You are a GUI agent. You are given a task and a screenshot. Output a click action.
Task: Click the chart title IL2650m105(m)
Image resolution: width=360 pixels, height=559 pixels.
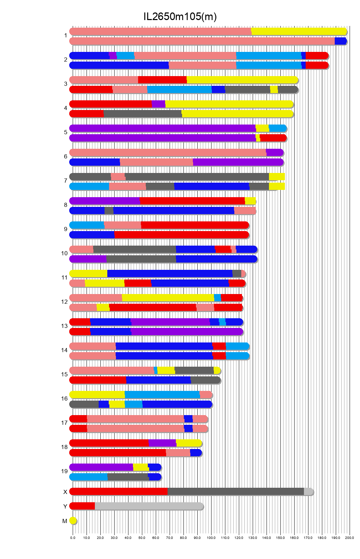tap(180, 16)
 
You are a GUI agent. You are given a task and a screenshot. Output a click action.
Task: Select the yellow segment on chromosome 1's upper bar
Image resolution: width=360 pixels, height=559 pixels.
tap(298, 31)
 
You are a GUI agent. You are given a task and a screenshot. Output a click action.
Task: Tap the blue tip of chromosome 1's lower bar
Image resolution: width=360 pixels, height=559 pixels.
tap(341, 41)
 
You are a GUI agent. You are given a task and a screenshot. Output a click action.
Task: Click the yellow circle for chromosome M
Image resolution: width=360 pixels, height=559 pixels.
tap(73, 521)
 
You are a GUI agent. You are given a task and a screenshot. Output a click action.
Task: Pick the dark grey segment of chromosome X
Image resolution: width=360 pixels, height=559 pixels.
tap(235, 492)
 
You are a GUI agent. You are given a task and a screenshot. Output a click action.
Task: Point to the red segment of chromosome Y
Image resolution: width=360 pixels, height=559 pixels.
tap(82, 506)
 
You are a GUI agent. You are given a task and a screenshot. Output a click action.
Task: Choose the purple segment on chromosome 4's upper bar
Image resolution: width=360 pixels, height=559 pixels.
tap(158, 104)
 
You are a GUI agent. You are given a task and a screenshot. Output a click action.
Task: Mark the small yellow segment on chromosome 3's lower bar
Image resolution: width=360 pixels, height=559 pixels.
tap(274, 90)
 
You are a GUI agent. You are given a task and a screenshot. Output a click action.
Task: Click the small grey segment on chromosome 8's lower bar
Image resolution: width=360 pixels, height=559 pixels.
tap(109, 211)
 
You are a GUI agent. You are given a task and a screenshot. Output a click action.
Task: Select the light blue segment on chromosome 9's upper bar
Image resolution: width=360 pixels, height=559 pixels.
tap(87, 225)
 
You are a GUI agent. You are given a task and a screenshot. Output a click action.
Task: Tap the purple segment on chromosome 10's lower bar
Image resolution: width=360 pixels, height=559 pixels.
tap(88, 259)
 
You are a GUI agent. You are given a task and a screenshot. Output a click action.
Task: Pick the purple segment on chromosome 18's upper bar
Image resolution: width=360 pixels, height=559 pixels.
tap(162, 443)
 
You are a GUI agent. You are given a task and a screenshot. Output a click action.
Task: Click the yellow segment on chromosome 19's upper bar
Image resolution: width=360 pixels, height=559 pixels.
tap(141, 467)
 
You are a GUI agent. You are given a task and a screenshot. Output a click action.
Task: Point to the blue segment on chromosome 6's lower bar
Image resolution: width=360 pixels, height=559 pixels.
tap(94, 162)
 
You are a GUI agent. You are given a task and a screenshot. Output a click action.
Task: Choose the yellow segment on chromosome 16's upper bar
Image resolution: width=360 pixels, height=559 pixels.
tap(97, 395)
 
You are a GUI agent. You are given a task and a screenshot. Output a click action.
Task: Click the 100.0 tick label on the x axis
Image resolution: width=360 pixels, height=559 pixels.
tap(211, 538)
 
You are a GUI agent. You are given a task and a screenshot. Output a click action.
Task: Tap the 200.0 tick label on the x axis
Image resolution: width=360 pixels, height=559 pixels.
tap(350, 538)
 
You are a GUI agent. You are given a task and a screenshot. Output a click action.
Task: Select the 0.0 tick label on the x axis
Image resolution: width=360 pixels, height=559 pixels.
tap(73, 538)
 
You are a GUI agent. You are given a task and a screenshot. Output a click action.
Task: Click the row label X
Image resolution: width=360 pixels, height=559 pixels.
tap(65, 492)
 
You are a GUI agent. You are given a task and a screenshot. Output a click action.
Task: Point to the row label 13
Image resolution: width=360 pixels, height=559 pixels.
tap(64, 326)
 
